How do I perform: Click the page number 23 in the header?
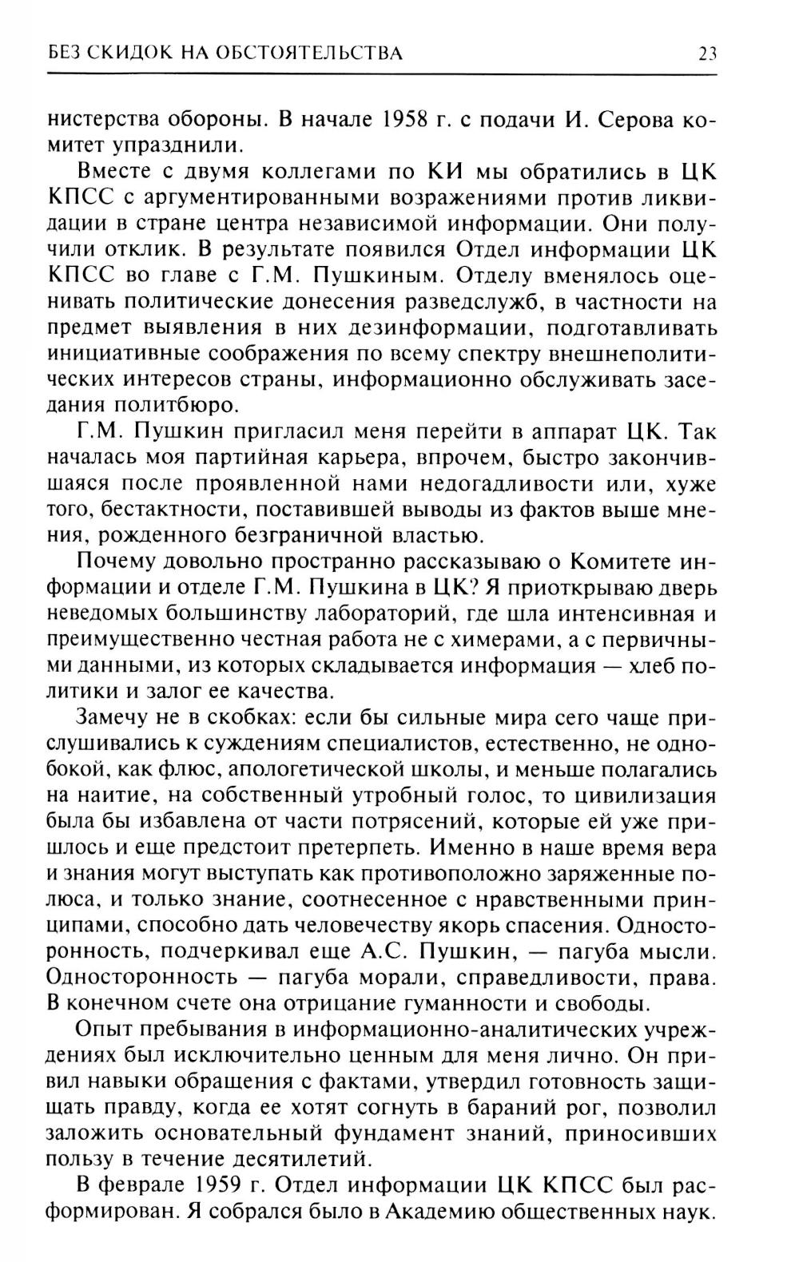707,54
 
